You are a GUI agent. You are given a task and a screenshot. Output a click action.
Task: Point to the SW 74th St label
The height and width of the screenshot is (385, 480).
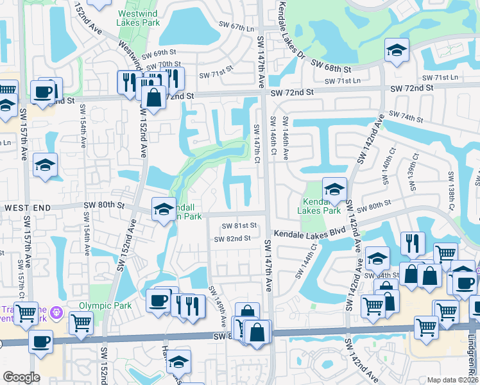420,119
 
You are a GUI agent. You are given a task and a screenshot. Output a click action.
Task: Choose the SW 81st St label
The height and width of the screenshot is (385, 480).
239,226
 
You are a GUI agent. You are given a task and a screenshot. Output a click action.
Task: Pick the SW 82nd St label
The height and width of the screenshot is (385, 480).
232,239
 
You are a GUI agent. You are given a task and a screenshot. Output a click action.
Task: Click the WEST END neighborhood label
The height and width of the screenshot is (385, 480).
26,208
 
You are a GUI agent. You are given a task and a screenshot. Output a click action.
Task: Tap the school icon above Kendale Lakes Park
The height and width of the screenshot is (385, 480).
334,189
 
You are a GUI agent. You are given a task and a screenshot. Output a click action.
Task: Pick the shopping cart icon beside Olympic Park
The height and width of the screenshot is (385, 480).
81,321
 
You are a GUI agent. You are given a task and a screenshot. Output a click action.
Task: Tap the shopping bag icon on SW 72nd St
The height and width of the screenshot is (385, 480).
153,98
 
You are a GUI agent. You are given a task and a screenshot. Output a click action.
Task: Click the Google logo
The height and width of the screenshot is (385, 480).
21,377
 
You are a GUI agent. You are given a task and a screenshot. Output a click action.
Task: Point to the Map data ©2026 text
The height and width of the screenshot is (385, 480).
452,380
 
